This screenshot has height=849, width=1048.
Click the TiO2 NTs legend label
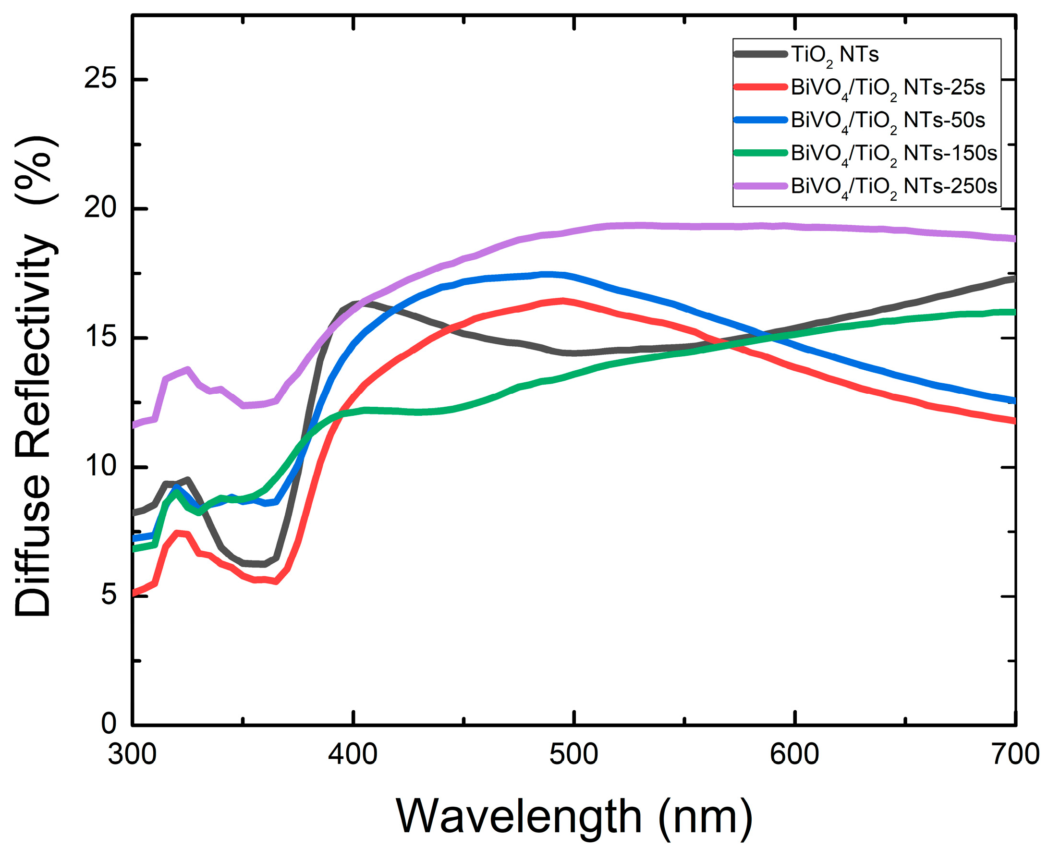834,55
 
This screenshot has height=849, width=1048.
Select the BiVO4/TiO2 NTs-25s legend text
888,88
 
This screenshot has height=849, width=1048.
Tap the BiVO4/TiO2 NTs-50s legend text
888,121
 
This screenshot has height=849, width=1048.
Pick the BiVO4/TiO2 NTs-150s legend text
893,154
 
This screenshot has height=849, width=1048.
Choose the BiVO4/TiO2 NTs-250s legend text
893,187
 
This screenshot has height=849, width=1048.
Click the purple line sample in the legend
760,186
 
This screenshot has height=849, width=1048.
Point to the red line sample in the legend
760,87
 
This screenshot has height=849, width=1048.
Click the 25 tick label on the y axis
100,79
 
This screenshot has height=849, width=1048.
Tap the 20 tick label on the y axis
100,208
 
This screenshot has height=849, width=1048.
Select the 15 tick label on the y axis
100,338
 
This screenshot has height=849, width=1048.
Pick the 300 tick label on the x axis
132,754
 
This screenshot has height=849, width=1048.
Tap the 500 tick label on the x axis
573,754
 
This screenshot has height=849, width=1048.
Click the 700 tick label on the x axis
1015,754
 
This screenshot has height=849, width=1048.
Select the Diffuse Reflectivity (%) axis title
34,376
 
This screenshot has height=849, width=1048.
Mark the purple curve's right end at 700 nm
1013,238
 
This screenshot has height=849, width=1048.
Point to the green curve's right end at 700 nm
1013,312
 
